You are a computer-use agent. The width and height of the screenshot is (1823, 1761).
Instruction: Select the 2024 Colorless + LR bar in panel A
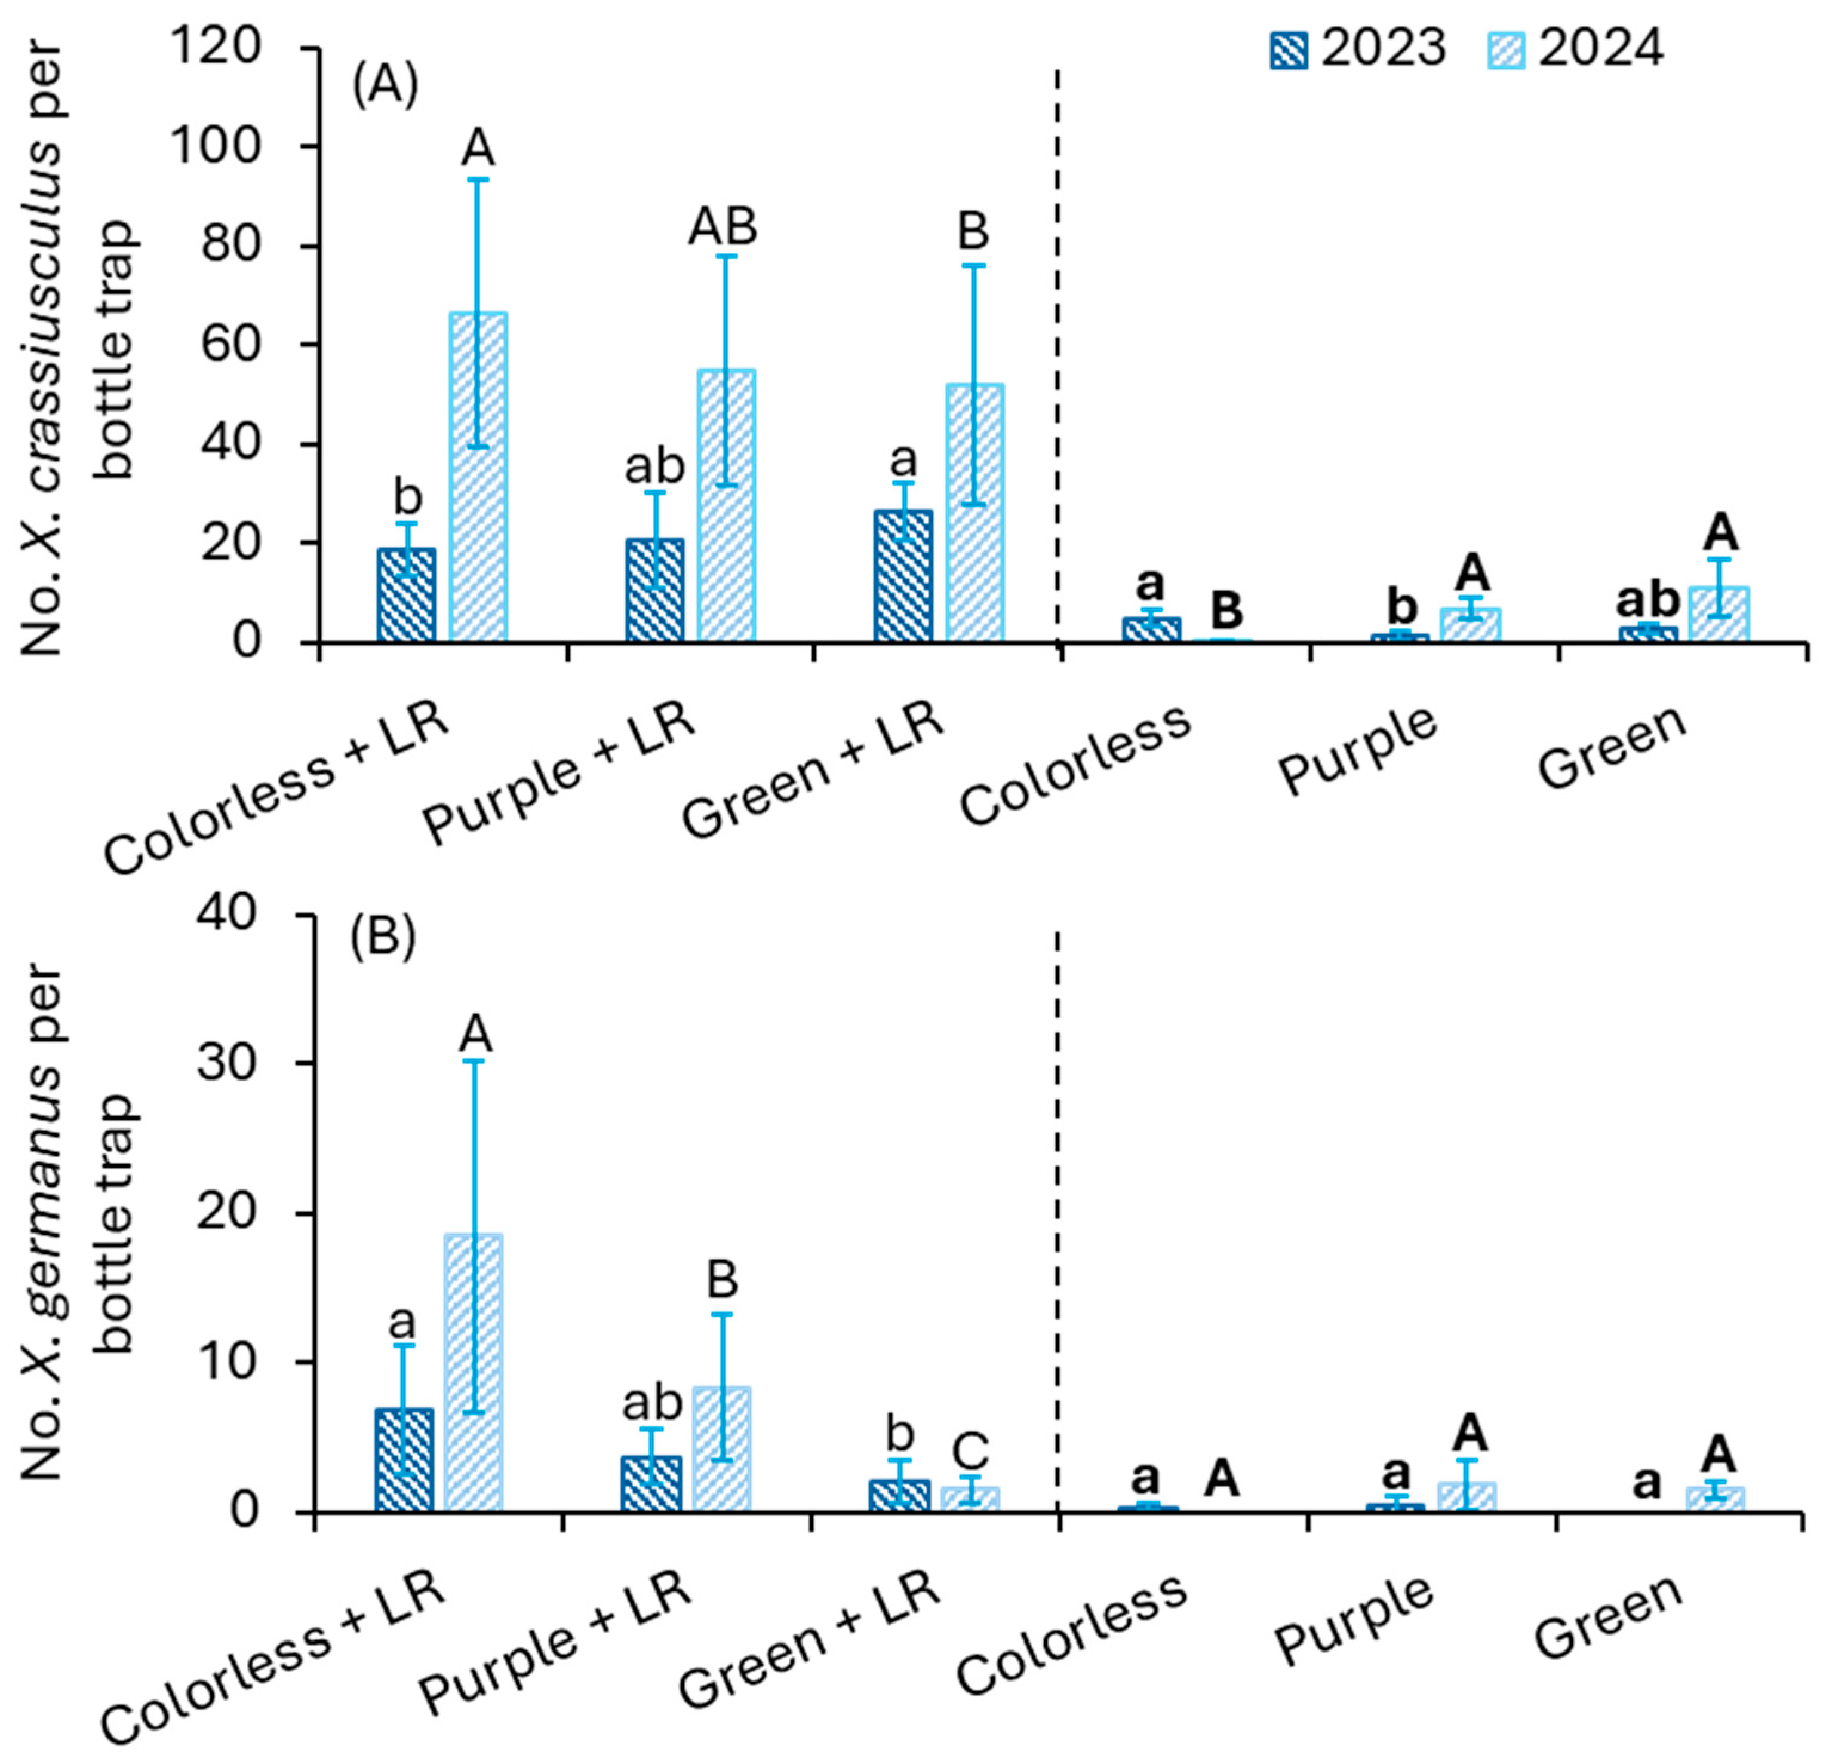point(478,477)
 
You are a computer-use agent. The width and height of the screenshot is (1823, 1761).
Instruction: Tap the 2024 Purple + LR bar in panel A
point(727,506)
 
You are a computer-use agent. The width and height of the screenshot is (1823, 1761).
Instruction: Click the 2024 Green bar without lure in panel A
point(1719,615)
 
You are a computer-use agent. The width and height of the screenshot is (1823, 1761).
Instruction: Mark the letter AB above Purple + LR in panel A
point(723,227)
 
